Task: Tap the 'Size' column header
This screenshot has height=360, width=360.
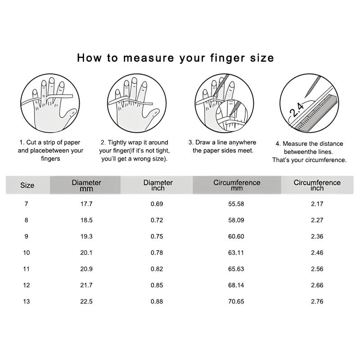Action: [x=27, y=185]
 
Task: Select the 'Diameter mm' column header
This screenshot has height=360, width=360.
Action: [x=86, y=185]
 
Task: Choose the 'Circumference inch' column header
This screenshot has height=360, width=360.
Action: [x=317, y=185]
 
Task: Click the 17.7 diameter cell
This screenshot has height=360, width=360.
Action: [x=86, y=204]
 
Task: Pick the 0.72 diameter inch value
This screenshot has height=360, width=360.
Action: [x=157, y=220]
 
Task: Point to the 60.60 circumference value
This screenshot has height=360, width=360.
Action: [x=236, y=237]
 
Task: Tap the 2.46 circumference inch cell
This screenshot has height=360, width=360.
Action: [x=317, y=253]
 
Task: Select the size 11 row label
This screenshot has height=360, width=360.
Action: [x=27, y=269]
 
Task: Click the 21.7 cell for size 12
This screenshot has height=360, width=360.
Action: [x=86, y=285]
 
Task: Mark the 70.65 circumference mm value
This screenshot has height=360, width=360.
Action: [x=236, y=301]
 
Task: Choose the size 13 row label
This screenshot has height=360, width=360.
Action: [x=27, y=301]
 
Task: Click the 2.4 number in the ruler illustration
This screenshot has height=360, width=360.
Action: [x=297, y=109]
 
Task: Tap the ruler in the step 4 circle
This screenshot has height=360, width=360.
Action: [x=316, y=113]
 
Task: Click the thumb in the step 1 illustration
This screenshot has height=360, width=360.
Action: [x=68, y=117]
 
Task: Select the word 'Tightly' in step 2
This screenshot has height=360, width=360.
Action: [x=117, y=143]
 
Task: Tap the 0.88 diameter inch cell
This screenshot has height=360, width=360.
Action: [x=157, y=301]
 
